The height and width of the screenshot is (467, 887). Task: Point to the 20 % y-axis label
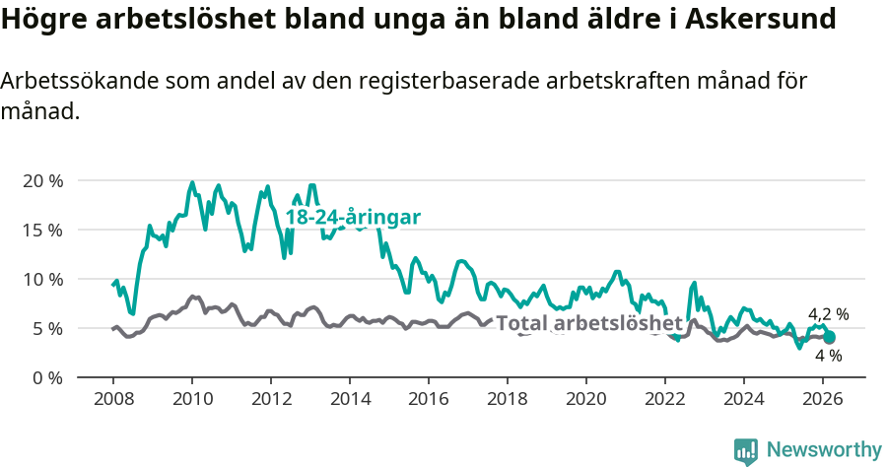click(42, 180)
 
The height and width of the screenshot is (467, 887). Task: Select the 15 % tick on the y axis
click(42, 230)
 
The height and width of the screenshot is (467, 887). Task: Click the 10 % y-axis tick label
click(42, 279)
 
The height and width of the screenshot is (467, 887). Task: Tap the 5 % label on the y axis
click(47, 328)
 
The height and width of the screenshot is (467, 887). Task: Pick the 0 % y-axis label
click(47, 377)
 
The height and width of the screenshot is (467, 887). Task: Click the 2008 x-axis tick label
click(113, 399)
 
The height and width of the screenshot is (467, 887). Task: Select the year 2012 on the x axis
click(271, 399)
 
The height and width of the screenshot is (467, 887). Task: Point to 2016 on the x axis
click(429, 399)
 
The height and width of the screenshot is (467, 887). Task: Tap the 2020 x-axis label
click(586, 399)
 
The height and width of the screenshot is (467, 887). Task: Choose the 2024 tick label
click(744, 399)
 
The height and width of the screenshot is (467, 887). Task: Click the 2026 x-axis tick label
click(823, 399)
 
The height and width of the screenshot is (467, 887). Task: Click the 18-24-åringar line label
click(353, 218)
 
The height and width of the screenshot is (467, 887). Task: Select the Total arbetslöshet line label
click(588, 323)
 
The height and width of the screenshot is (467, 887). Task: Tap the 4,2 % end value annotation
click(828, 314)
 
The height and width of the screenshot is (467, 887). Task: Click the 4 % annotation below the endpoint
click(828, 356)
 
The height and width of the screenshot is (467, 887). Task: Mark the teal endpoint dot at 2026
click(829, 337)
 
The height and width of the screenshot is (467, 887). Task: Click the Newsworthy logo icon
click(746, 451)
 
